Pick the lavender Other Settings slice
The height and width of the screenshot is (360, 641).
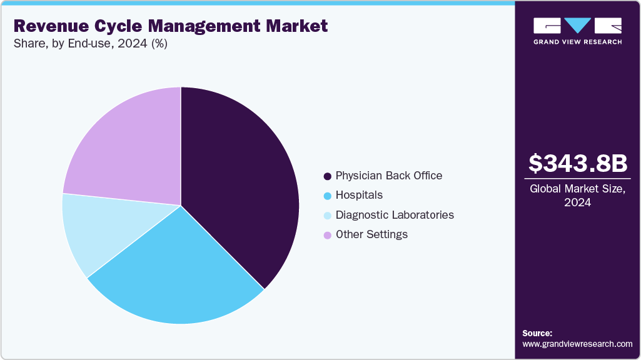click(125, 150)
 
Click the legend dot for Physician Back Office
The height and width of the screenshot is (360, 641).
click(327, 176)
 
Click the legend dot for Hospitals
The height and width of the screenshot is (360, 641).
click(327, 196)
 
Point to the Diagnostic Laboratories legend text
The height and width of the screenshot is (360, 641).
click(395, 215)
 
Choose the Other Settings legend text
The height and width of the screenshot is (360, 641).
click(371, 234)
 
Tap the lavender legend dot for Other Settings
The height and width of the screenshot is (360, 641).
click(327, 235)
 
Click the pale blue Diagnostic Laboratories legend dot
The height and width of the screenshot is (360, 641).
click(327, 216)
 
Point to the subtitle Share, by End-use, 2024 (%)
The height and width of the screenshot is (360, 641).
click(90, 44)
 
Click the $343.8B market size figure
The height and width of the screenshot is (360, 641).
click(577, 164)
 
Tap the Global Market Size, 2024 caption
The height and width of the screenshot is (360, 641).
click(577, 195)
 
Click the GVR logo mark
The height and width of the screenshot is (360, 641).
click(577, 26)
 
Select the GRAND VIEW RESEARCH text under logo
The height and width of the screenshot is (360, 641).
click(577, 42)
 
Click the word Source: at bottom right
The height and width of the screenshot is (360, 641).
click(537, 333)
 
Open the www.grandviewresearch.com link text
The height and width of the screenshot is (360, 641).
click(577, 344)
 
